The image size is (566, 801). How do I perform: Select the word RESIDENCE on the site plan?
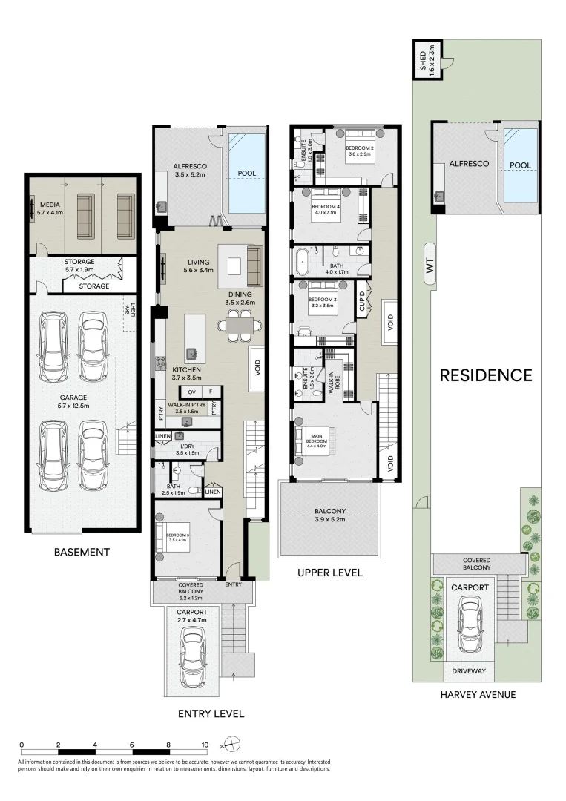pos(486,375)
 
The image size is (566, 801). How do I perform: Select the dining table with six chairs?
pos(239,325)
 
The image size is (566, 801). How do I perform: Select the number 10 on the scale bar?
pos(205,744)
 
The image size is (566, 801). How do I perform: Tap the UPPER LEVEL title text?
pos(329,573)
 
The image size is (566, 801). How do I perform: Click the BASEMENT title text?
pos(82,552)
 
